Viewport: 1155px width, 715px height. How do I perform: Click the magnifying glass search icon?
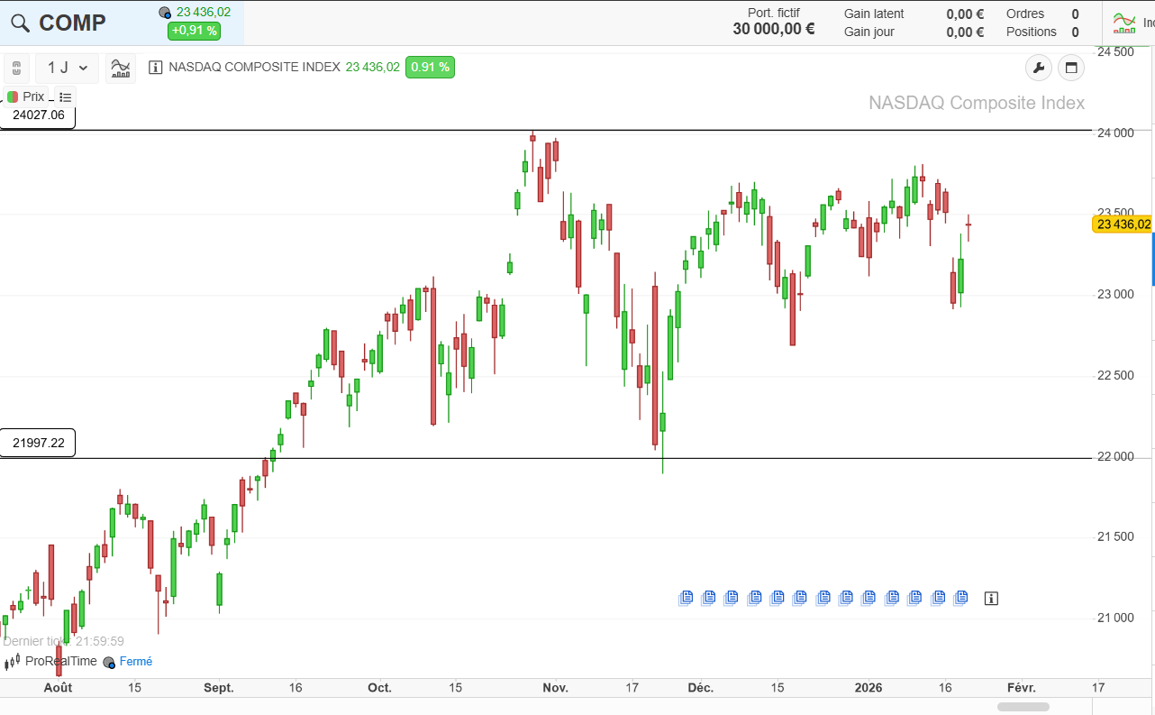click(x=20, y=23)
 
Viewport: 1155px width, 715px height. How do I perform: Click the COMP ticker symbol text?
click(x=72, y=23)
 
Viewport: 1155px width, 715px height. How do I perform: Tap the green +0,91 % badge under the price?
click(x=194, y=31)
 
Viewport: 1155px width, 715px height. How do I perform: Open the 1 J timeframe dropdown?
click(x=67, y=68)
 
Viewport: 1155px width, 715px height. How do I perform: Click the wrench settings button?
click(x=1039, y=68)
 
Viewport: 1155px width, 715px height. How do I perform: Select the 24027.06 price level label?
click(x=38, y=115)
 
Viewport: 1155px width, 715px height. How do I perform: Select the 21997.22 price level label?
click(x=38, y=443)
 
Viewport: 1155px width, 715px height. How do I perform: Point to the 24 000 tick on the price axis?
click(x=1115, y=133)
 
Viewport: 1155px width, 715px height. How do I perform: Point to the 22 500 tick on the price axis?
click(x=1115, y=376)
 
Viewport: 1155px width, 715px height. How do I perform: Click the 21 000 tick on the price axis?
click(x=1115, y=618)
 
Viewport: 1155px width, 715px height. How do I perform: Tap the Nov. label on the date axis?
click(x=555, y=688)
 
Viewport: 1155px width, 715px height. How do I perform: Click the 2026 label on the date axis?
click(x=869, y=688)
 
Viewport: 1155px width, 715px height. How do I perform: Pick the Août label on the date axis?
click(x=58, y=688)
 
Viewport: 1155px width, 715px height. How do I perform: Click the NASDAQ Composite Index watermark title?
click(x=977, y=103)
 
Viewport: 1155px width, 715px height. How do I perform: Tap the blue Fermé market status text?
click(x=136, y=661)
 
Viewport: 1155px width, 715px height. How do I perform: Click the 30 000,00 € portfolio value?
click(x=773, y=29)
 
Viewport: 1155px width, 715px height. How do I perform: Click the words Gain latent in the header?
click(x=874, y=14)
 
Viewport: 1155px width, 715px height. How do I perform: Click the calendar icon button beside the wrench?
click(x=1071, y=68)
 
